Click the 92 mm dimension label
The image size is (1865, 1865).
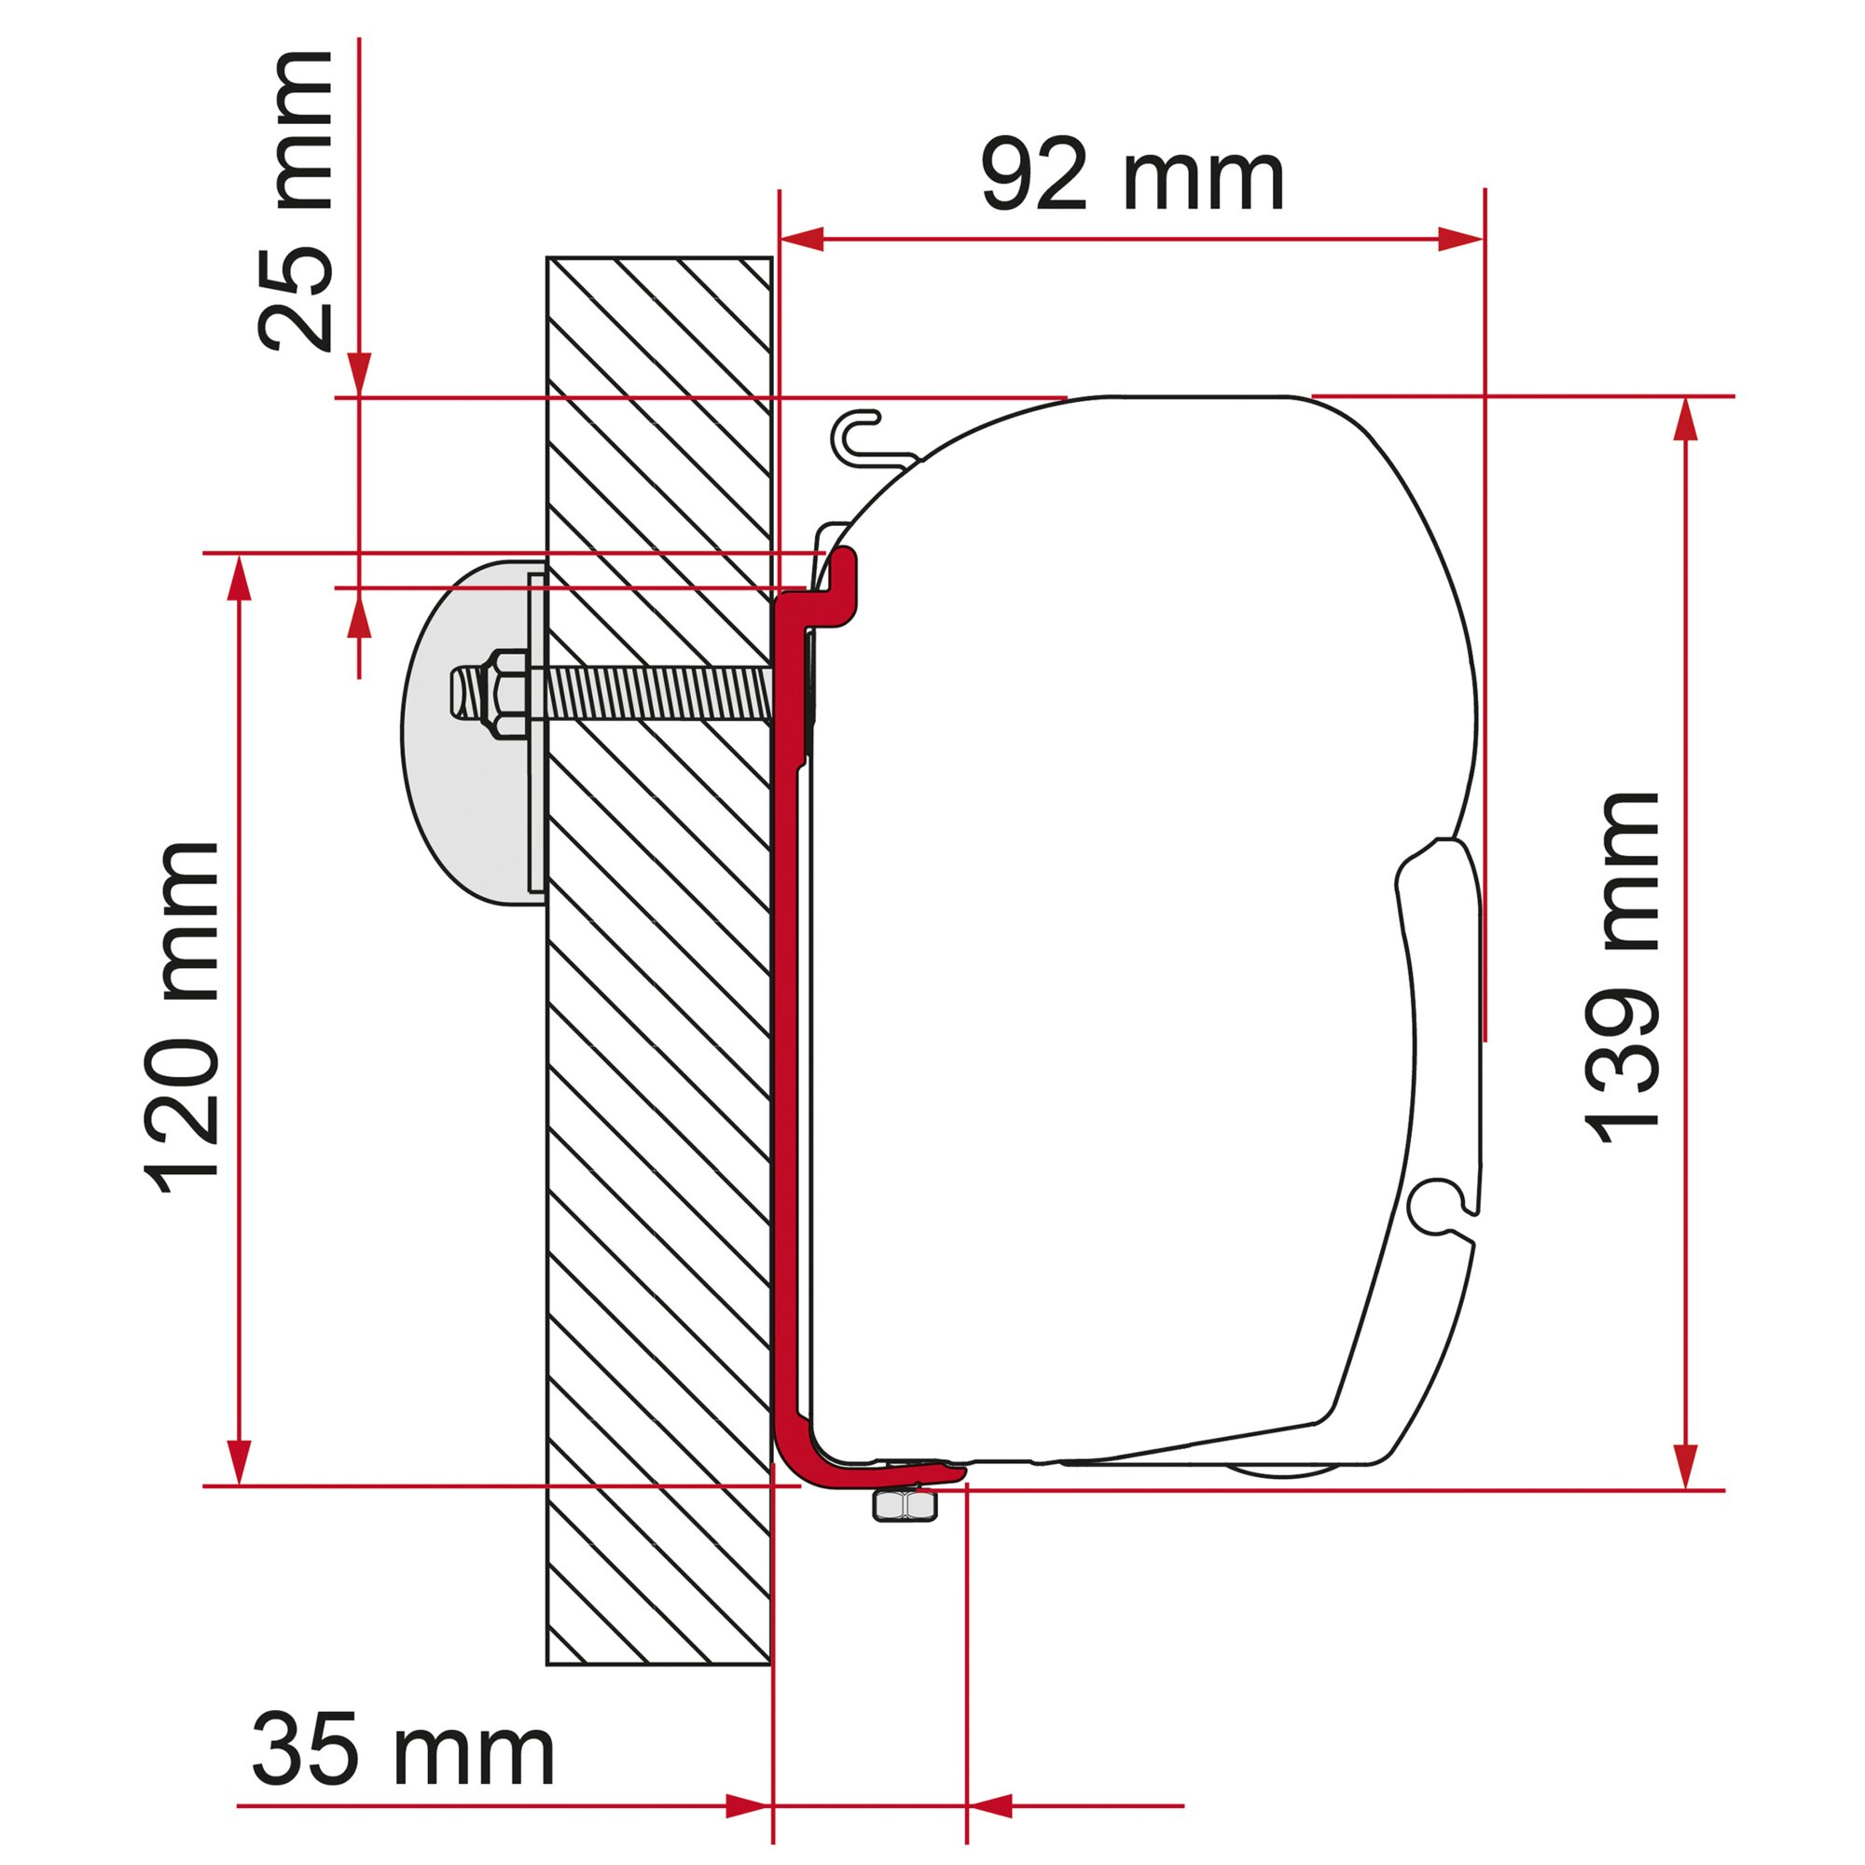pos(1131,176)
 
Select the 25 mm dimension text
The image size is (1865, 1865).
pos(295,202)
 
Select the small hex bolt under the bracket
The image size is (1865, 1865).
pos(905,1504)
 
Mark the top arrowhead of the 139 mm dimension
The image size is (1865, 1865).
pos(1685,418)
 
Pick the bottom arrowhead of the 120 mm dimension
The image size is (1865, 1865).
pos(239,1462)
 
